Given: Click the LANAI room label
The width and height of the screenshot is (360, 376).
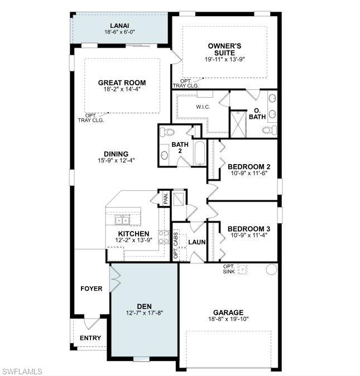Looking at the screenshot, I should click(120, 25).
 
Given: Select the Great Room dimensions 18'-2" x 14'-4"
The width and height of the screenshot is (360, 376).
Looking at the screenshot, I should click(122, 89).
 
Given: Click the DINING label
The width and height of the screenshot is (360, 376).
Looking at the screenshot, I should click(116, 154).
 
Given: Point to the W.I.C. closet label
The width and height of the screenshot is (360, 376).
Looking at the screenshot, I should click(203, 107).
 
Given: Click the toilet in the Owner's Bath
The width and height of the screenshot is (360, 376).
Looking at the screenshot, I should click(268, 130).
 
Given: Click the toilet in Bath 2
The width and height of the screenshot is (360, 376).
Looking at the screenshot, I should click(167, 132).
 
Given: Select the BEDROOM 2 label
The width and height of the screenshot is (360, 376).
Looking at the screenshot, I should click(249, 167).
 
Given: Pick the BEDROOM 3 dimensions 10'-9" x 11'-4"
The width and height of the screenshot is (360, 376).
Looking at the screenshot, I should click(249, 235).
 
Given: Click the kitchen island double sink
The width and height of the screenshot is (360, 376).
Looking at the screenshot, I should click(121, 219).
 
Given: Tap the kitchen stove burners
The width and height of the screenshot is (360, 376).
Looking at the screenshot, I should click(164, 237).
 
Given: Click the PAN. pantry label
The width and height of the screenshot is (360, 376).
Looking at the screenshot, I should click(166, 197).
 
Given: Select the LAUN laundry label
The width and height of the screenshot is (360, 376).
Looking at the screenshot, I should click(196, 242).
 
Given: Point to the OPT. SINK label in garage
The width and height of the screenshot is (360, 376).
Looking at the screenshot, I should click(229, 269).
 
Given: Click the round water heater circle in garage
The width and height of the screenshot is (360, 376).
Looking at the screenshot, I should click(271, 269).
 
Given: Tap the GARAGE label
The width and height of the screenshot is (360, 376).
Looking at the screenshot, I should click(228, 312).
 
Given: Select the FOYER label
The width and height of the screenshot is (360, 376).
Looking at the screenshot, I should click(92, 288).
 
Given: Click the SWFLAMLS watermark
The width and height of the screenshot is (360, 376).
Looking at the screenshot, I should click(22, 371).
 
